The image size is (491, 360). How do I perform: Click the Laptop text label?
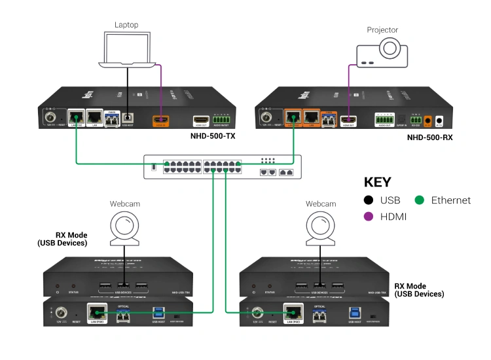[x=126, y=25]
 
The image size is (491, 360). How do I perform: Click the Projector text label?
[x=382, y=29]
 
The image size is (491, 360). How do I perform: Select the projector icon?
[x=382, y=52]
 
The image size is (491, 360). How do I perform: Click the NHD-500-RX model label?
[x=429, y=137]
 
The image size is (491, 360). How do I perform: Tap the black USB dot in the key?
[x=369, y=200]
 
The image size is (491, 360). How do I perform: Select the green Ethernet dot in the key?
[x=419, y=200]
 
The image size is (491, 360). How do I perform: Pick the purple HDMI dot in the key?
[x=369, y=217]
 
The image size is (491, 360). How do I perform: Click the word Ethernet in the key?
[x=451, y=200]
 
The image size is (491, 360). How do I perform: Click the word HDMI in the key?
[x=394, y=217]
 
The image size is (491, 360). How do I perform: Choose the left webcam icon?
[x=124, y=226]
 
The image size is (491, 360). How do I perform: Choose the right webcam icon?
[x=320, y=226]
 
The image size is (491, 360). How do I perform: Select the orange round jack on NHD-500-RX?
[x=428, y=120]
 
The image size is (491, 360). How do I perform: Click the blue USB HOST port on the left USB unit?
[x=157, y=314]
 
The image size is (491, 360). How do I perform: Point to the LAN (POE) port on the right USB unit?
[x=292, y=314]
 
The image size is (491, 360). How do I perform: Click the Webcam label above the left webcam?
[x=124, y=204]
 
